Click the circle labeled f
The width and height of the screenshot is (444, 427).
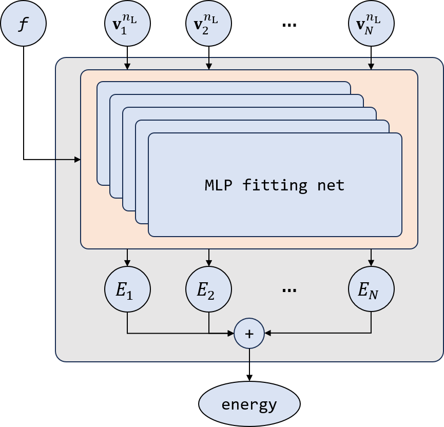[23, 24]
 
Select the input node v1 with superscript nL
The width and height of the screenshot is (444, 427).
[127, 24]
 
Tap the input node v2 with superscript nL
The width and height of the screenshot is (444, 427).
[208, 24]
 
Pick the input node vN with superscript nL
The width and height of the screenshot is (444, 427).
[371, 24]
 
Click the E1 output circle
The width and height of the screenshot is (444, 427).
[127, 289]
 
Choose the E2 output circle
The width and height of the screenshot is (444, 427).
[208, 289]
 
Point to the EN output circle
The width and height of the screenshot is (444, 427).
[371, 289]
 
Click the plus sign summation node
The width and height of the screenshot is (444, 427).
[249, 334]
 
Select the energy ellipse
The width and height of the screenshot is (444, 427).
[249, 404]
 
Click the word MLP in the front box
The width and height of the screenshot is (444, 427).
[218, 185]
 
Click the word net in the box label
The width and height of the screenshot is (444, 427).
[331, 185]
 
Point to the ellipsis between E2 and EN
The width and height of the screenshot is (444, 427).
[289, 290]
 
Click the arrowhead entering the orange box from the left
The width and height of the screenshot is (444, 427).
[78, 160]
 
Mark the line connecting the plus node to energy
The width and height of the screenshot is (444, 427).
[249, 355]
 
